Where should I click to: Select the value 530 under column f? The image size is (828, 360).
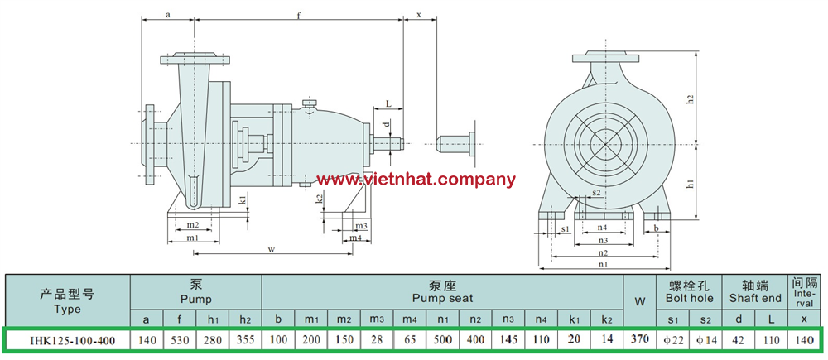[x=180, y=340]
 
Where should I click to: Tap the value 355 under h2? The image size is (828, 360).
[x=245, y=340]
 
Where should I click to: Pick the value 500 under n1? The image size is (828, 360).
[x=442, y=340]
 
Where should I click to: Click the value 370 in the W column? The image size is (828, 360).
[x=639, y=339]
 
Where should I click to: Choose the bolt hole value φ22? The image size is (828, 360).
[x=672, y=340]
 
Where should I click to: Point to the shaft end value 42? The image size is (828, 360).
[x=739, y=340]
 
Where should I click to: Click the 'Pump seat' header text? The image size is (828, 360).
[x=442, y=298]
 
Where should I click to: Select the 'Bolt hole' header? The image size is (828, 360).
[x=689, y=298]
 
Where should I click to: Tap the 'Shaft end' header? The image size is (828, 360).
[x=755, y=298]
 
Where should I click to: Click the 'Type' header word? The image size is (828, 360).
[x=67, y=310]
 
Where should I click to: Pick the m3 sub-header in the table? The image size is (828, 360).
[x=377, y=319]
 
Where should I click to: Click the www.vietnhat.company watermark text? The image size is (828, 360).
[x=416, y=180]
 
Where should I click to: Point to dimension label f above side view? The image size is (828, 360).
[x=299, y=15]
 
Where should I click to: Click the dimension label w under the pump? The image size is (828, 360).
[x=272, y=249]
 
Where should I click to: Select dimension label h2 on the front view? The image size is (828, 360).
[x=689, y=99]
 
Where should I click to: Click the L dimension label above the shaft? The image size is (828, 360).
[x=388, y=104]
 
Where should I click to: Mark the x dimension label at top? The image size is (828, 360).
[x=419, y=15]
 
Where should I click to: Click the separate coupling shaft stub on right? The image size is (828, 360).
[x=458, y=143]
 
